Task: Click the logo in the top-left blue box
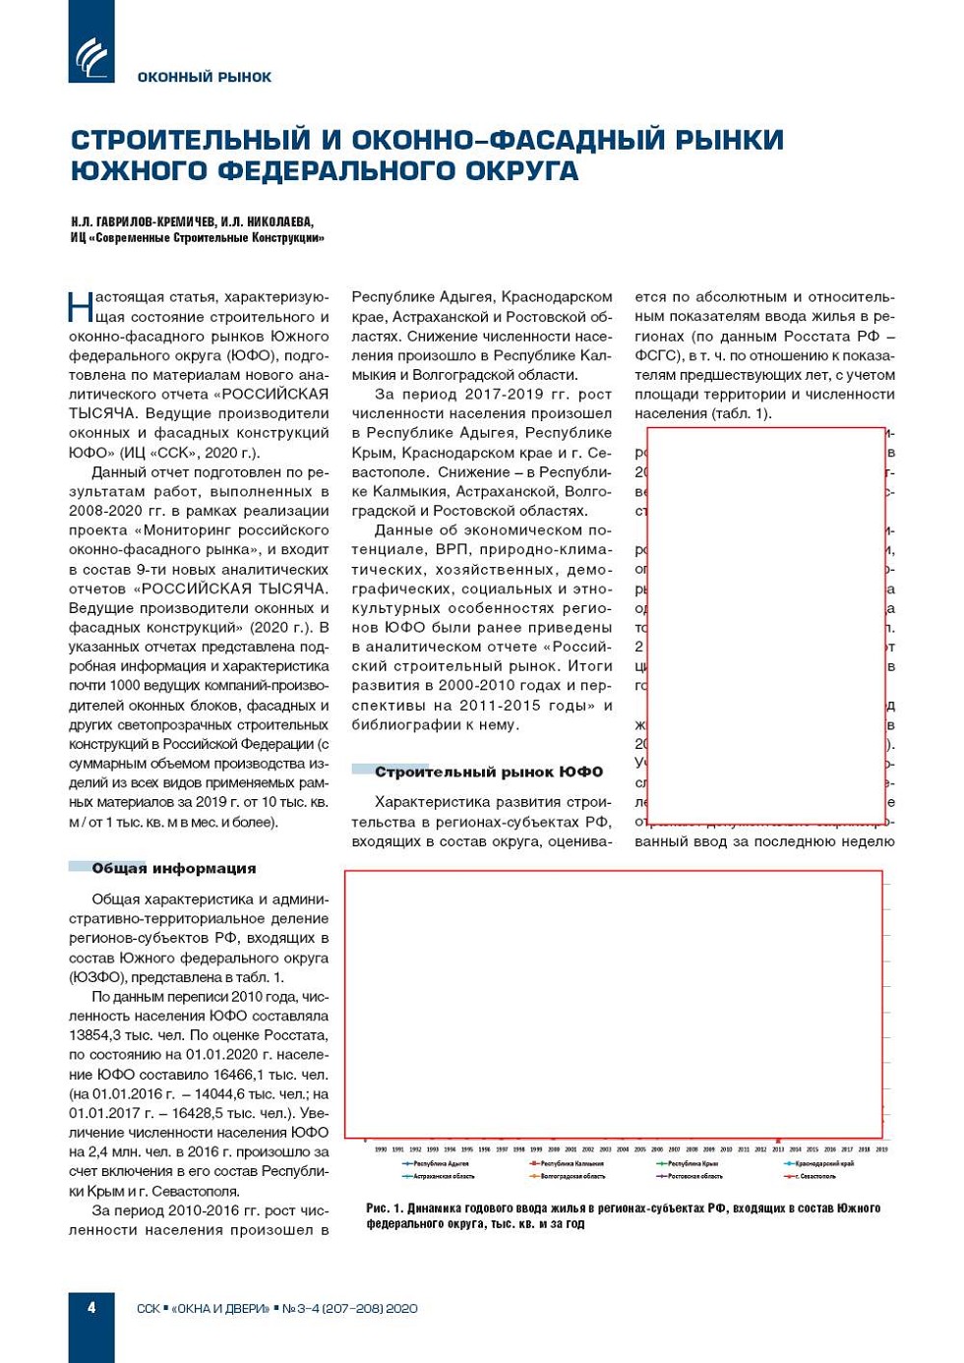92,56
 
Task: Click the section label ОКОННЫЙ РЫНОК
204,77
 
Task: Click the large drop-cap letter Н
81,306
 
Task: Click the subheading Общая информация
173,868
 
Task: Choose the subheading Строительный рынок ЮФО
488,772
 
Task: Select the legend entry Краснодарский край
823,1163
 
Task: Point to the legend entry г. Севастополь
815,1176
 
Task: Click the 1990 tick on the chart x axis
381,1148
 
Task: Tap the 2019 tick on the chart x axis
881,1148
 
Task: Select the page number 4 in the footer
91,1308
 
